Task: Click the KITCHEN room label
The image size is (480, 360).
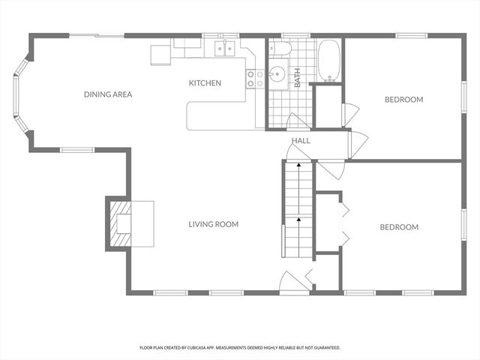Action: pyautogui.click(x=205, y=82)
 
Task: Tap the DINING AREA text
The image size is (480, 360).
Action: pyautogui.click(x=108, y=94)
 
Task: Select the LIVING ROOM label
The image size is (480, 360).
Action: pyautogui.click(x=213, y=224)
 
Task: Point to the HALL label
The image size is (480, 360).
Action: pyautogui.click(x=301, y=140)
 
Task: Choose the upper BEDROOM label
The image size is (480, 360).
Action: pyautogui.click(x=403, y=100)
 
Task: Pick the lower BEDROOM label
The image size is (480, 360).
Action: pyautogui.click(x=398, y=227)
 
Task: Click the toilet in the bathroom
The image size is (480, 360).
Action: pyautogui.click(x=282, y=49)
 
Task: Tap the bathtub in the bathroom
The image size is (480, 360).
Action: pyautogui.click(x=329, y=61)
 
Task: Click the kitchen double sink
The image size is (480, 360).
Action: pyautogui.click(x=225, y=49)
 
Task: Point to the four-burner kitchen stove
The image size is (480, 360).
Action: pyautogui.click(x=255, y=79)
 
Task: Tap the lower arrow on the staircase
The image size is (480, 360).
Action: pyautogui.click(x=298, y=220)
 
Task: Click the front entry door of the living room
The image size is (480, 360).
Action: pyautogui.click(x=294, y=282)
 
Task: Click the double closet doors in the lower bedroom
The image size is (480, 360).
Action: pyautogui.click(x=344, y=223)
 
